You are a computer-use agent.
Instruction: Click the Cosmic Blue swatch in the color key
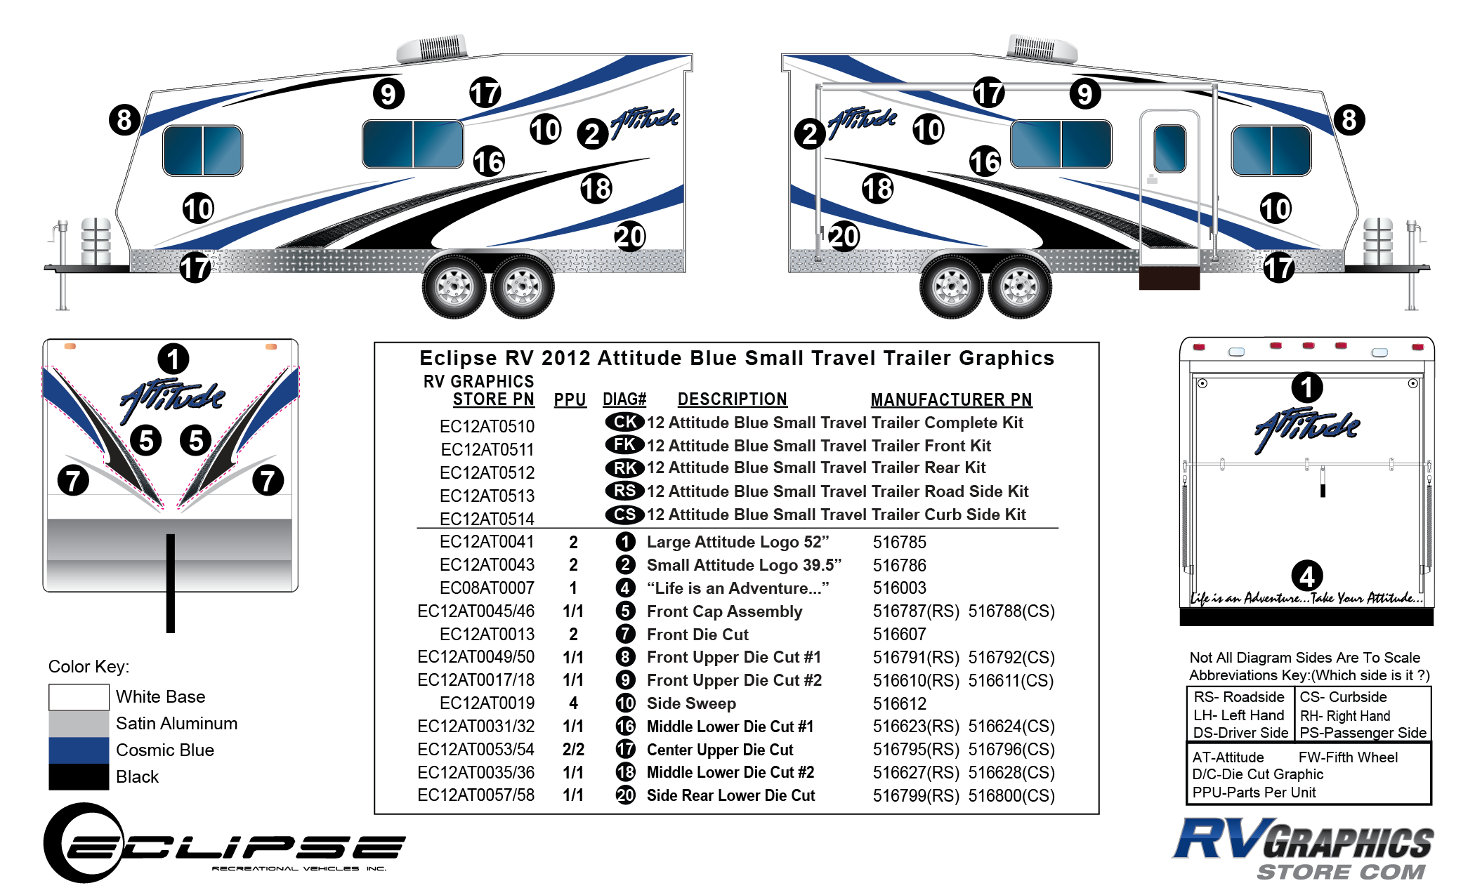(x=79, y=750)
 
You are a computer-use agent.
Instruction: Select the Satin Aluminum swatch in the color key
(x=79, y=724)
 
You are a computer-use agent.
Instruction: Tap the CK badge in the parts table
(x=624, y=422)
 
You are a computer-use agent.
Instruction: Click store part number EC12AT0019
(x=487, y=703)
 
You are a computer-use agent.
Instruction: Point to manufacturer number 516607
(x=899, y=635)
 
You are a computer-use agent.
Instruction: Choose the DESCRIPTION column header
(x=732, y=399)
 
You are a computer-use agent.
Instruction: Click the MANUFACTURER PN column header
(x=951, y=399)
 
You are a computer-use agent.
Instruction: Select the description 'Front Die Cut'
(x=697, y=635)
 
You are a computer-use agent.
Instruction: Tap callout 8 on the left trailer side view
(x=124, y=119)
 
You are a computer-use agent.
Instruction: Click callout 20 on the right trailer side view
(x=843, y=236)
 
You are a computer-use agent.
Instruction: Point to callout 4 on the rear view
(x=1306, y=576)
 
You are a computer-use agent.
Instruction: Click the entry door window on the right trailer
(x=1169, y=148)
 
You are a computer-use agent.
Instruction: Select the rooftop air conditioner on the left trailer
(x=432, y=48)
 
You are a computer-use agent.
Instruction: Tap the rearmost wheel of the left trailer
(x=523, y=287)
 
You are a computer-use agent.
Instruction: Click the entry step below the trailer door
(x=1169, y=277)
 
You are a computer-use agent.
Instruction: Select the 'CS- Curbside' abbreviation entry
(x=1343, y=697)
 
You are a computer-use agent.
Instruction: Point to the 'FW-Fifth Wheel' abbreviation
(x=1348, y=757)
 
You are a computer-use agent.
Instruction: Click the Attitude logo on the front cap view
(x=173, y=400)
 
